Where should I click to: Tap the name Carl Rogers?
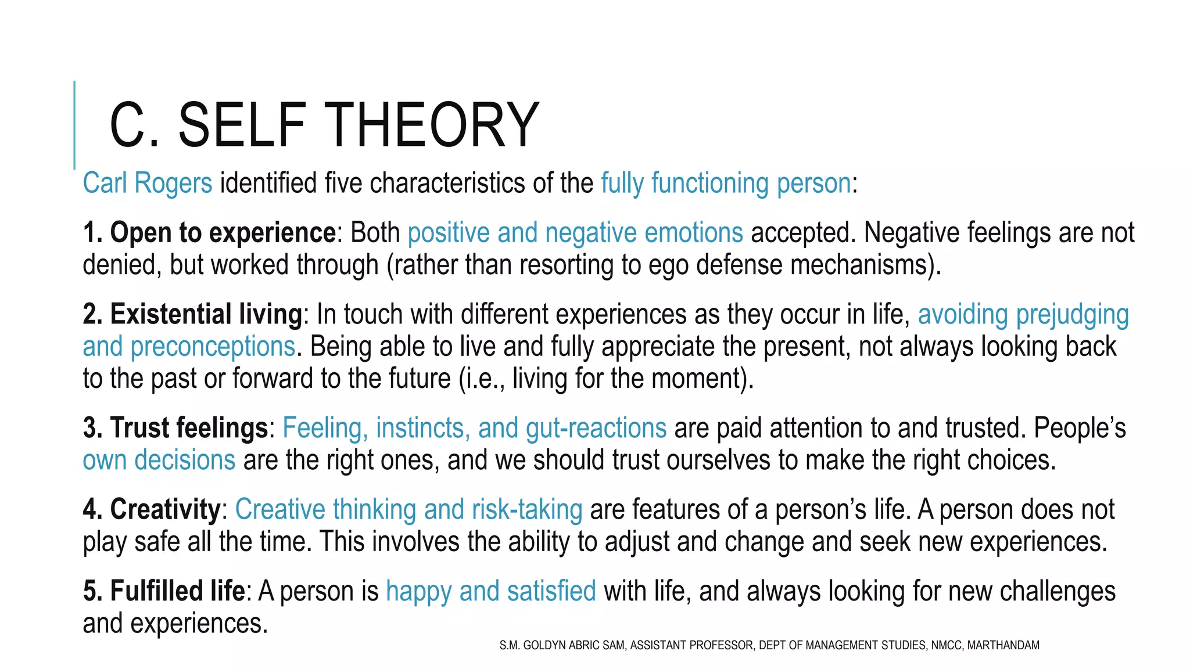click(148, 183)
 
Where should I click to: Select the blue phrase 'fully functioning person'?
click(726, 183)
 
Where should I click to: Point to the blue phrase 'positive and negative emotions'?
click(575, 233)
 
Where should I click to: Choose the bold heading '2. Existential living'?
click(192, 314)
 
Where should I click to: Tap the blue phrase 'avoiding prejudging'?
click(1023, 314)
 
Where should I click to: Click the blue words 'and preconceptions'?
click(189, 347)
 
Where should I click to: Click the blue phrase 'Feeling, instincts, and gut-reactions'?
click(474, 428)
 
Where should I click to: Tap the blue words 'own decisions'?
click(159, 460)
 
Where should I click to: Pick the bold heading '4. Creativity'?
click(151, 509)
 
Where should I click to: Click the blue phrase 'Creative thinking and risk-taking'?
click(408, 509)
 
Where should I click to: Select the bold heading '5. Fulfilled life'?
click(164, 591)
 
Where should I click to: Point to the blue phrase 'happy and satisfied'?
click(491, 591)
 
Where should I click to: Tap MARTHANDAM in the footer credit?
click(1003, 645)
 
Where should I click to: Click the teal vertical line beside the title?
click(74, 125)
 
